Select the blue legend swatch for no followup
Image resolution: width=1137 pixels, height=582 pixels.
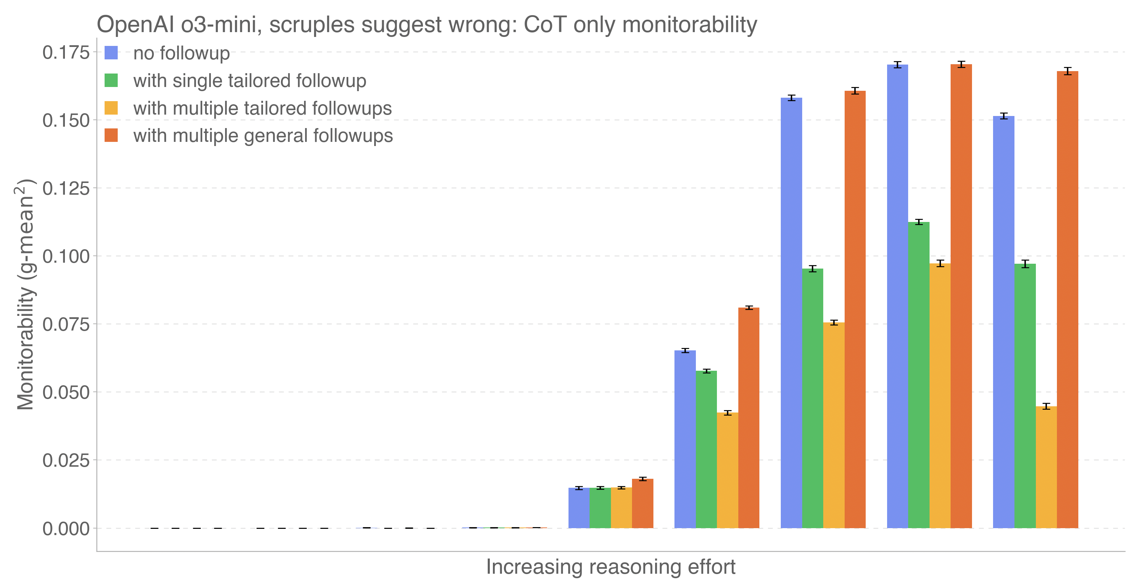tap(111, 53)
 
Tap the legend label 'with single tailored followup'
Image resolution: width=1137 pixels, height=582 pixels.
tap(249, 81)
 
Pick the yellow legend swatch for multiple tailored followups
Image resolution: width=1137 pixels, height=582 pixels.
tap(111, 108)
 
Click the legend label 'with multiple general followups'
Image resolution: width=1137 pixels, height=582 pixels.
tap(263, 136)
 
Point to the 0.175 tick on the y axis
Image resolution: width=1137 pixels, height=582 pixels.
tap(66, 52)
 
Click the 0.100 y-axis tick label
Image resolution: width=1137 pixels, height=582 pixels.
tap(66, 256)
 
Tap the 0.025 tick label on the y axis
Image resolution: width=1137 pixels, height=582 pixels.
tap(66, 460)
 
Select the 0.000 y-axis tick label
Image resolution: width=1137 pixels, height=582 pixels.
tap(66, 528)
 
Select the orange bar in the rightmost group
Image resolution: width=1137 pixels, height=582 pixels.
tap(1067, 300)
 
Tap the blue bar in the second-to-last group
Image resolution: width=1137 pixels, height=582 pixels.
tap(897, 296)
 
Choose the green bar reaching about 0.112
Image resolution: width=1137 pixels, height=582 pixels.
tap(919, 375)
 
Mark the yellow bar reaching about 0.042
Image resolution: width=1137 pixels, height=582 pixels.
tap(727, 470)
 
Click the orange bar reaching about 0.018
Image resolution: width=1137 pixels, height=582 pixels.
tap(643, 503)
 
